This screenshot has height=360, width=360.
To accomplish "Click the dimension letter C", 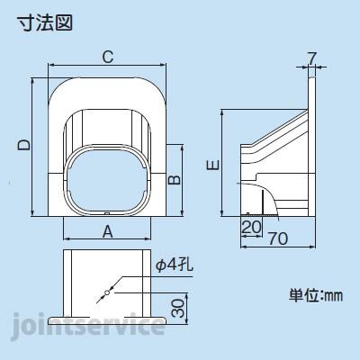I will pos(107,58).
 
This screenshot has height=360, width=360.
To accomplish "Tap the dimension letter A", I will pos(107,230).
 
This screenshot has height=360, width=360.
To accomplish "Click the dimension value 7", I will pos(311,60).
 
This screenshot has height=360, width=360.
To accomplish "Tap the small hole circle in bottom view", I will pos(107,293).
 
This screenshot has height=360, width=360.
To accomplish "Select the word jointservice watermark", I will pos(88,324).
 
